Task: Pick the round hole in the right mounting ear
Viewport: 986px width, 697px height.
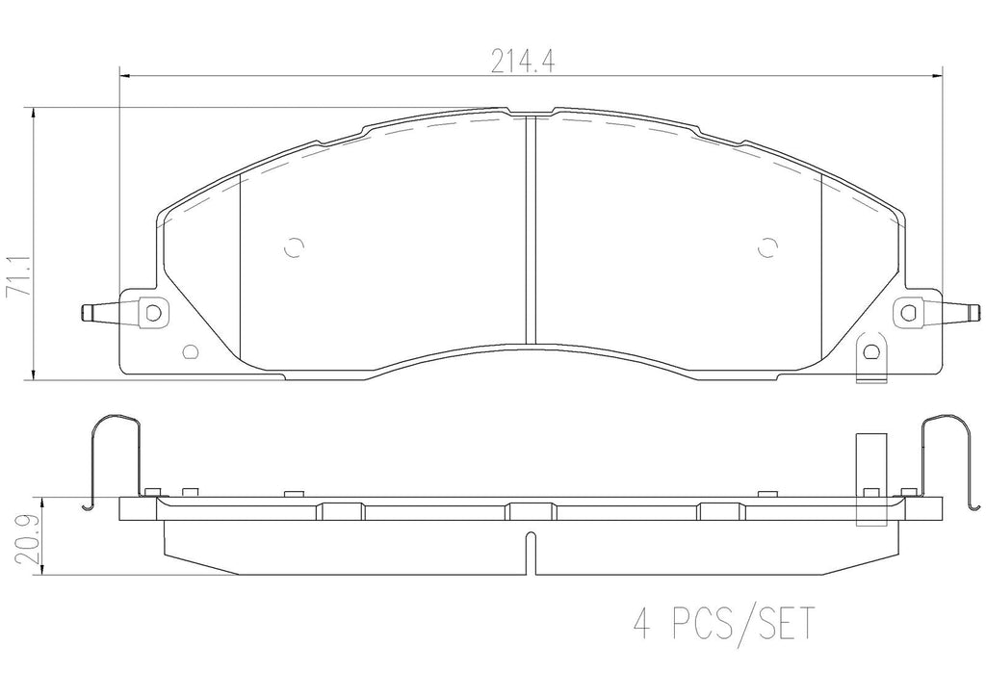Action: coord(907,312)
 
